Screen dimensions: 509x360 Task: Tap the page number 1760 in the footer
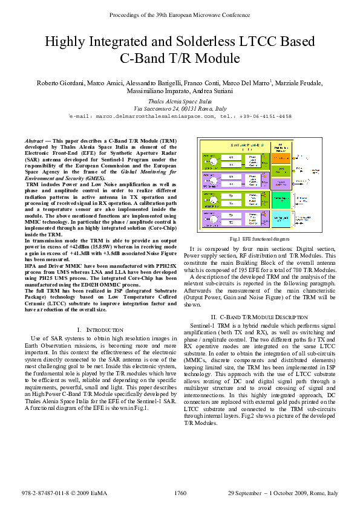point(180,494)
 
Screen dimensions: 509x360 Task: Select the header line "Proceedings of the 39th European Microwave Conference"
point(180,13)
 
